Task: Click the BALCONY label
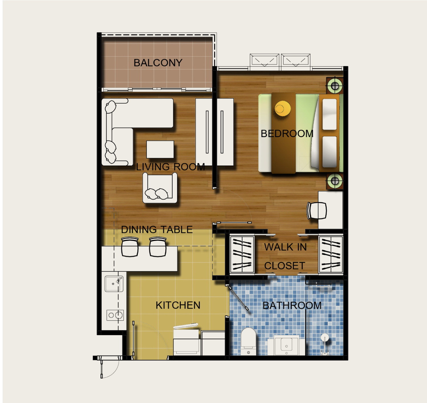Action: (158, 63)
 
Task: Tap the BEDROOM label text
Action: (287, 133)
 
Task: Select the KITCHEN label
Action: (178, 305)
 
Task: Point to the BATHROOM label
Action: (292, 305)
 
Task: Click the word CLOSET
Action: (285, 266)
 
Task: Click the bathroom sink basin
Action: (286, 345)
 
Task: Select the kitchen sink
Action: (114, 284)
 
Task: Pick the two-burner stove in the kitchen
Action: (115, 315)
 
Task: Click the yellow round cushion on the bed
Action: (282, 108)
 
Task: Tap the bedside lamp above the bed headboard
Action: (335, 86)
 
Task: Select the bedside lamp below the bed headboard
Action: (335, 181)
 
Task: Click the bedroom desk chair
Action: (317, 210)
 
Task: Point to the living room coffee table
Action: (160, 149)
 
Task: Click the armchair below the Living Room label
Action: (160, 188)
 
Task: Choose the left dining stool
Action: (130, 247)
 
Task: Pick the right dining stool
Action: (158, 247)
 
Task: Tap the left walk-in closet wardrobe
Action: (242, 254)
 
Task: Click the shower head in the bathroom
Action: (324, 338)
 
